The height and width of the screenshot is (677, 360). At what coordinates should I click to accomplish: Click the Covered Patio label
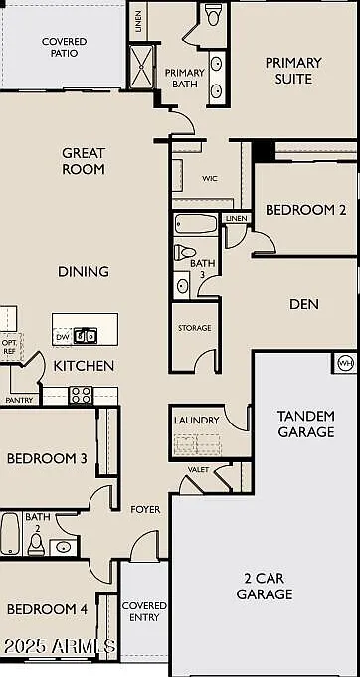click(65, 48)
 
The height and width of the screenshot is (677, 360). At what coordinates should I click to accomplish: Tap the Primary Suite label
click(293, 71)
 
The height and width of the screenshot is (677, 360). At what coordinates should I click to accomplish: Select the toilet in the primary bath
click(212, 15)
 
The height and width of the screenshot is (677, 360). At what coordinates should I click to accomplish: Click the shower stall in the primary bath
click(141, 67)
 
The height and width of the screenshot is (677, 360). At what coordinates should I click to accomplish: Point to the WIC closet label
click(210, 178)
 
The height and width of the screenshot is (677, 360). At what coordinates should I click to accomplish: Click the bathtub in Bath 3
click(196, 224)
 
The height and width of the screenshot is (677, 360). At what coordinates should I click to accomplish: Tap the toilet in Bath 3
click(185, 253)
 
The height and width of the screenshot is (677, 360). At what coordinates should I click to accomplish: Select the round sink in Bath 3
click(182, 285)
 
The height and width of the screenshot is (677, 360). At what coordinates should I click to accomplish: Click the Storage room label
click(195, 328)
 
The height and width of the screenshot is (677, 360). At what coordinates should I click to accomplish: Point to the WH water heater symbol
click(345, 362)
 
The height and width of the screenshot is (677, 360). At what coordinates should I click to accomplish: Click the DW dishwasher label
click(63, 337)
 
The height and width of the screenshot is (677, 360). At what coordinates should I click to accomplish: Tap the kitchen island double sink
click(86, 335)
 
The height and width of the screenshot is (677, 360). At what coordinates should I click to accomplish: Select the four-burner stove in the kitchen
click(81, 395)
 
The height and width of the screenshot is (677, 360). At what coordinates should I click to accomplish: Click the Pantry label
click(19, 401)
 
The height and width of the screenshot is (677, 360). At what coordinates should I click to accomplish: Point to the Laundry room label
click(197, 421)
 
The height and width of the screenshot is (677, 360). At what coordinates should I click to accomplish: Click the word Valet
click(198, 470)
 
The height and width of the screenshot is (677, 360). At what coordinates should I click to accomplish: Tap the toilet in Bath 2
click(36, 545)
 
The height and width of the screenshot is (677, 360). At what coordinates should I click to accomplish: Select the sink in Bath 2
click(63, 547)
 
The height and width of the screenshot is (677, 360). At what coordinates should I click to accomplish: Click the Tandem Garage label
click(306, 423)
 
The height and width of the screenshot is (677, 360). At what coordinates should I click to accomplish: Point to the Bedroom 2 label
click(305, 210)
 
